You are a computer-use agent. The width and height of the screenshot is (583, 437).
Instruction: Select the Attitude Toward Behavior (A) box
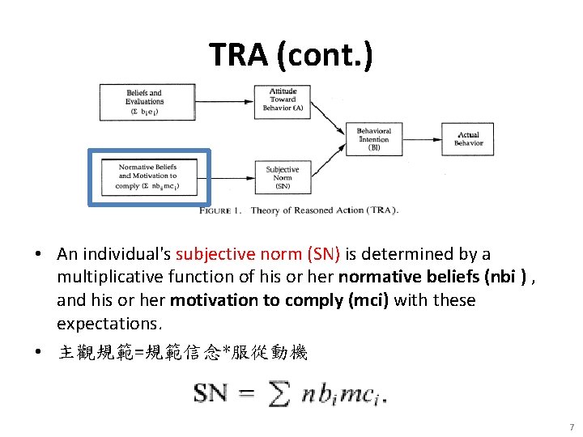(283, 100)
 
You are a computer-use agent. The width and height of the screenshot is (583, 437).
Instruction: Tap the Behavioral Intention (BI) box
(373, 139)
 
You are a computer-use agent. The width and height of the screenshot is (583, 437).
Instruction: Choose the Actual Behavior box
(468, 139)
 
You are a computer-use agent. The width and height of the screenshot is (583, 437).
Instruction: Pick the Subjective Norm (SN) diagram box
(282, 178)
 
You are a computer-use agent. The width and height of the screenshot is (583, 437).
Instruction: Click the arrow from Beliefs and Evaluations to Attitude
(223, 101)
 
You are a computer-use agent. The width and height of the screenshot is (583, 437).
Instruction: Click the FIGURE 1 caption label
(221, 210)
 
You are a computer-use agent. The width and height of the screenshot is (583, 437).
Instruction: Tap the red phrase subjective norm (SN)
(258, 254)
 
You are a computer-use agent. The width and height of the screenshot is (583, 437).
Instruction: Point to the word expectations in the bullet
(109, 324)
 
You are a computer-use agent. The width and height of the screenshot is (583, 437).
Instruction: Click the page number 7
(570, 427)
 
